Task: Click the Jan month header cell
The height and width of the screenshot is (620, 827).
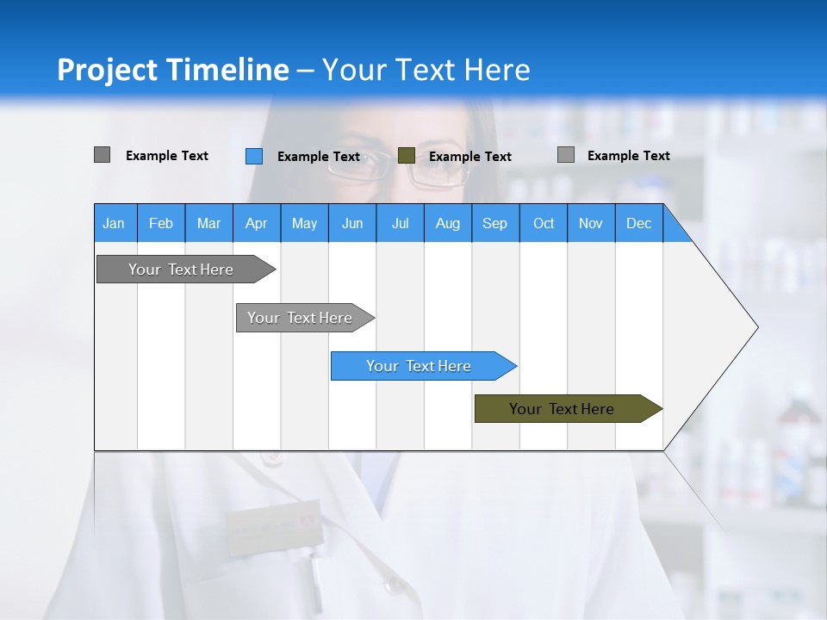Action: [114, 223]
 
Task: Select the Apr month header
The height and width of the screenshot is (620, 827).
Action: [256, 223]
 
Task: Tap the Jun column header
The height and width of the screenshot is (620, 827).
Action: [351, 223]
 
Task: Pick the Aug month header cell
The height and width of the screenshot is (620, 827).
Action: [447, 223]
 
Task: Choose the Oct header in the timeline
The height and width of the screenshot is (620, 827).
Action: [543, 223]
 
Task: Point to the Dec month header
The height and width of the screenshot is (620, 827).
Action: [638, 223]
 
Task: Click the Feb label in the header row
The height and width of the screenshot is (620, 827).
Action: [161, 223]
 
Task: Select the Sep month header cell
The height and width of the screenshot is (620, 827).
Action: [494, 223]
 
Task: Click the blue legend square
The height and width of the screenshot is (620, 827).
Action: [254, 156]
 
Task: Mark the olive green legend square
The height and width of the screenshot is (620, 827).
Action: [407, 156]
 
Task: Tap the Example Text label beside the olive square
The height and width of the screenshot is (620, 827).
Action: [469, 157]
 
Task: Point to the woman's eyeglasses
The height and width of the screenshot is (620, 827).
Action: [405, 168]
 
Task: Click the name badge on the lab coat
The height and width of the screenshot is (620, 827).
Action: [274, 524]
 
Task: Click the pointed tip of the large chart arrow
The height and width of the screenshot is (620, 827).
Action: [755, 327]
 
